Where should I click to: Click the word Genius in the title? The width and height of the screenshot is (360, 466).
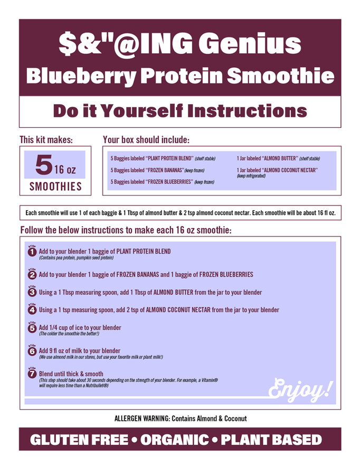coord(250,44)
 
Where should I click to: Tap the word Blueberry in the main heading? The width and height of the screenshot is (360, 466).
coord(81,76)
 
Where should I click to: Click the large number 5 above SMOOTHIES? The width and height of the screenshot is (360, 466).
coord(44,164)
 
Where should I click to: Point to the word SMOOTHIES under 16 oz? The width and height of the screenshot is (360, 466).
coord(55,187)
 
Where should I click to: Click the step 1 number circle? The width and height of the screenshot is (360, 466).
coord(32,251)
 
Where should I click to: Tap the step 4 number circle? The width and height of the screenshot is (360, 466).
coord(32,310)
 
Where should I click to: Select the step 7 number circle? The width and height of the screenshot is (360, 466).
coord(32,373)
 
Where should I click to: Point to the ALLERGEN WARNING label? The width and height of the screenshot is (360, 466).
coord(143,418)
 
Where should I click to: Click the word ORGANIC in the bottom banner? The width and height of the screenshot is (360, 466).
coord(175,440)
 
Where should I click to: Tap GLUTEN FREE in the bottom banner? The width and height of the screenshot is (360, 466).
coord(79,440)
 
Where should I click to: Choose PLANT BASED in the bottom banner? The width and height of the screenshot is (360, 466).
coord(271,440)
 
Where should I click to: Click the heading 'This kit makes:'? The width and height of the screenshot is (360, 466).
coord(46,139)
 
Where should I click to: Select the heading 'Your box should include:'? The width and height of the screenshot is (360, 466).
coord(146,139)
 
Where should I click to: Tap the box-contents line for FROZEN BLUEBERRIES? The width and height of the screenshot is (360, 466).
coord(162,182)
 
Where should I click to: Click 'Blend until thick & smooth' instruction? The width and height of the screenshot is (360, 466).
coord(71,374)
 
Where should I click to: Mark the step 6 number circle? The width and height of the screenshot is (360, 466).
coord(32,351)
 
